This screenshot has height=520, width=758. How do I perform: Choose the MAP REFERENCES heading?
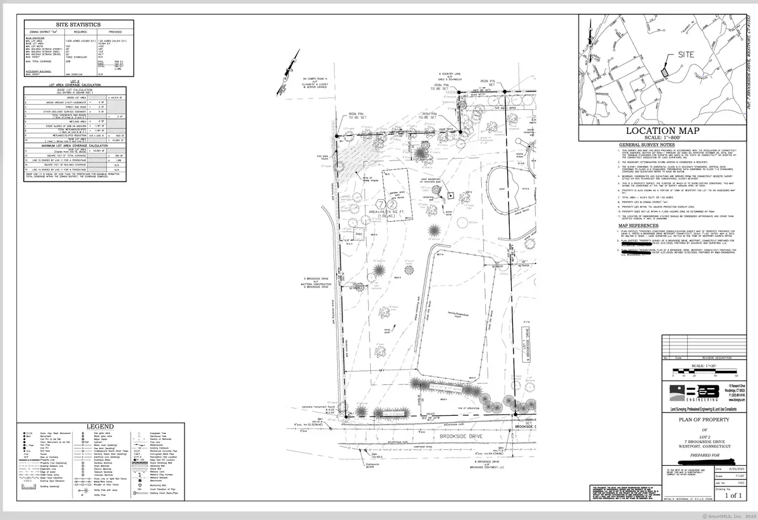(x=638, y=226)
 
